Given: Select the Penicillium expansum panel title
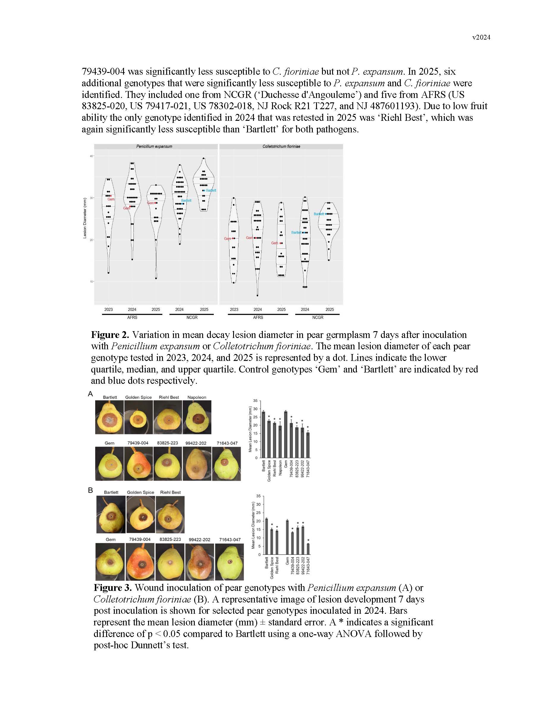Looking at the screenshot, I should coord(154,146).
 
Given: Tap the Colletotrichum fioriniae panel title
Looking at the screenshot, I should coord(281,146).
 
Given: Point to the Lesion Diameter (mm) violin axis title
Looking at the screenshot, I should coord(85,218).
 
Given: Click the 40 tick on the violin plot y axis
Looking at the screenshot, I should coord(91,156).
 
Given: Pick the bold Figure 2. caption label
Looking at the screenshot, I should coord(110,335).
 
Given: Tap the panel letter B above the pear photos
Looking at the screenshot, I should coord(91,490).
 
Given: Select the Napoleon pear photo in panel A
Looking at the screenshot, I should coord(197,417).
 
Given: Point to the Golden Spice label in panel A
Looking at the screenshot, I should coord(138,397).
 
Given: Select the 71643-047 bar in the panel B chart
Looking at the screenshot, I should coord(308,549).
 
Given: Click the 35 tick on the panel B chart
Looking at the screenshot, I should coord(259,496).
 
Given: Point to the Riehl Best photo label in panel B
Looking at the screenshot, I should coord(170,492).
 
